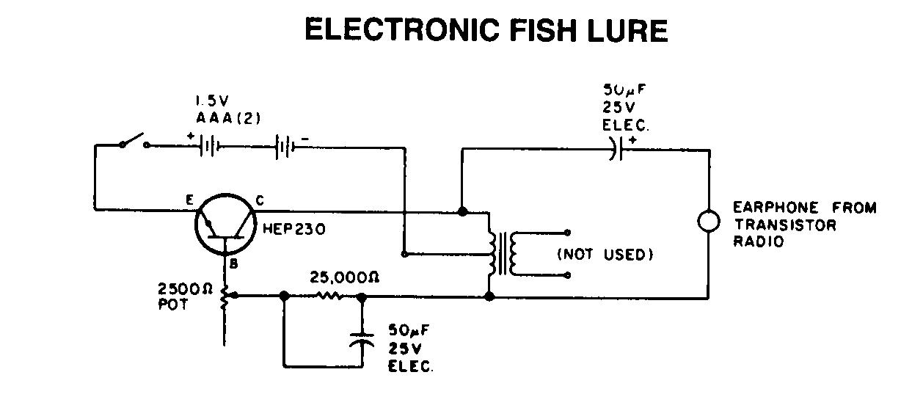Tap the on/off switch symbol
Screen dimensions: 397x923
pyautogui.click(x=133, y=142)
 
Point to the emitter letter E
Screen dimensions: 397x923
pyautogui.click(x=189, y=199)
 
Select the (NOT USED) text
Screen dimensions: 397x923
pyautogui.click(x=605, y=255)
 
